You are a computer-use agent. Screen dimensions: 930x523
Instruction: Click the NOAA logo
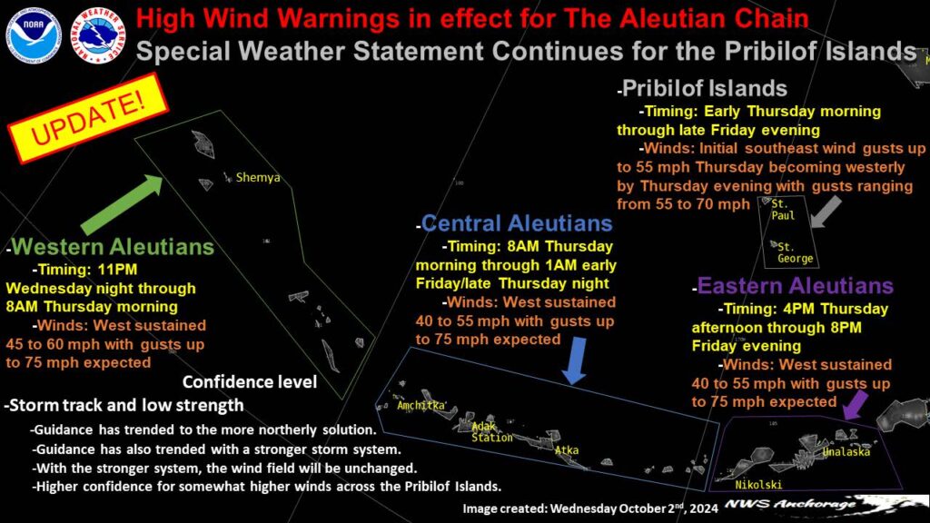[34, 35]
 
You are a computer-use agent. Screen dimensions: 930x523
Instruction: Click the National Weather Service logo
[98, 35]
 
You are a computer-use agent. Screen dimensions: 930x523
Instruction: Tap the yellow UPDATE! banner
[88, 117]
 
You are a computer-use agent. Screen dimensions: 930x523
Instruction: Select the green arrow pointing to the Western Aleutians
[122, 204]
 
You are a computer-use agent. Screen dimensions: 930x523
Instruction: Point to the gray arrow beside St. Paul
[826, 212]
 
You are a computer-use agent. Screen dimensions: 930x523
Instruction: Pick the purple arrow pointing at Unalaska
[856, 404]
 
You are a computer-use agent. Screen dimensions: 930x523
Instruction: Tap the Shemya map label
[257, 177]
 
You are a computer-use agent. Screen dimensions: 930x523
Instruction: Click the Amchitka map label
[420, 406]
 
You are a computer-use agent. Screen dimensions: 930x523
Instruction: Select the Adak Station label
[491, 432]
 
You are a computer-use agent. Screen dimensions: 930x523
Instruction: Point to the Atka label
[567, 450]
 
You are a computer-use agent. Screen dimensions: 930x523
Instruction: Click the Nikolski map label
[758, 485]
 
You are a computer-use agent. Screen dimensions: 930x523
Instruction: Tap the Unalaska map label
[846, 452]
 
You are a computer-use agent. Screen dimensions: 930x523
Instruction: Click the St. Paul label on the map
[782, 210]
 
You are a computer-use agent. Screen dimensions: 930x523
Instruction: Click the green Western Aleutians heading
[112, 247]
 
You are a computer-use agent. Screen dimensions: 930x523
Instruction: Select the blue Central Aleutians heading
[517, 223]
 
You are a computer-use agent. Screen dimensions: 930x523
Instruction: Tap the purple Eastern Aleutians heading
[796, 286]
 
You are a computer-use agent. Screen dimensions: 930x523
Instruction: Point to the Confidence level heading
[250, 382]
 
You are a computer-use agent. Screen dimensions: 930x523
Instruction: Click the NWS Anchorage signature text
[790, 505]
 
